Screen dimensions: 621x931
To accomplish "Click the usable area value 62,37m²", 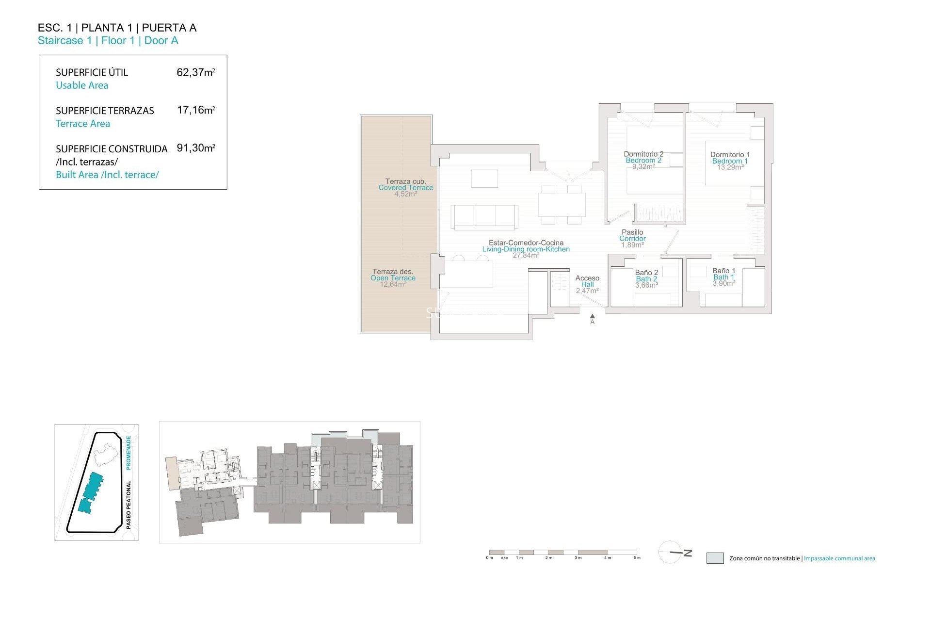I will click(195, 73).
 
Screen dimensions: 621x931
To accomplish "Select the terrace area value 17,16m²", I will click(195, 110).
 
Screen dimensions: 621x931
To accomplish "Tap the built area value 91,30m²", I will click(195, 148).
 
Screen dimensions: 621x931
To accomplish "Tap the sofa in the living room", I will click(484, 216).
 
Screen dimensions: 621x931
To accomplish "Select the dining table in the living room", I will click(562, 205).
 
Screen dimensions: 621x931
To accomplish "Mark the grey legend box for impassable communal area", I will click(715, 558).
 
